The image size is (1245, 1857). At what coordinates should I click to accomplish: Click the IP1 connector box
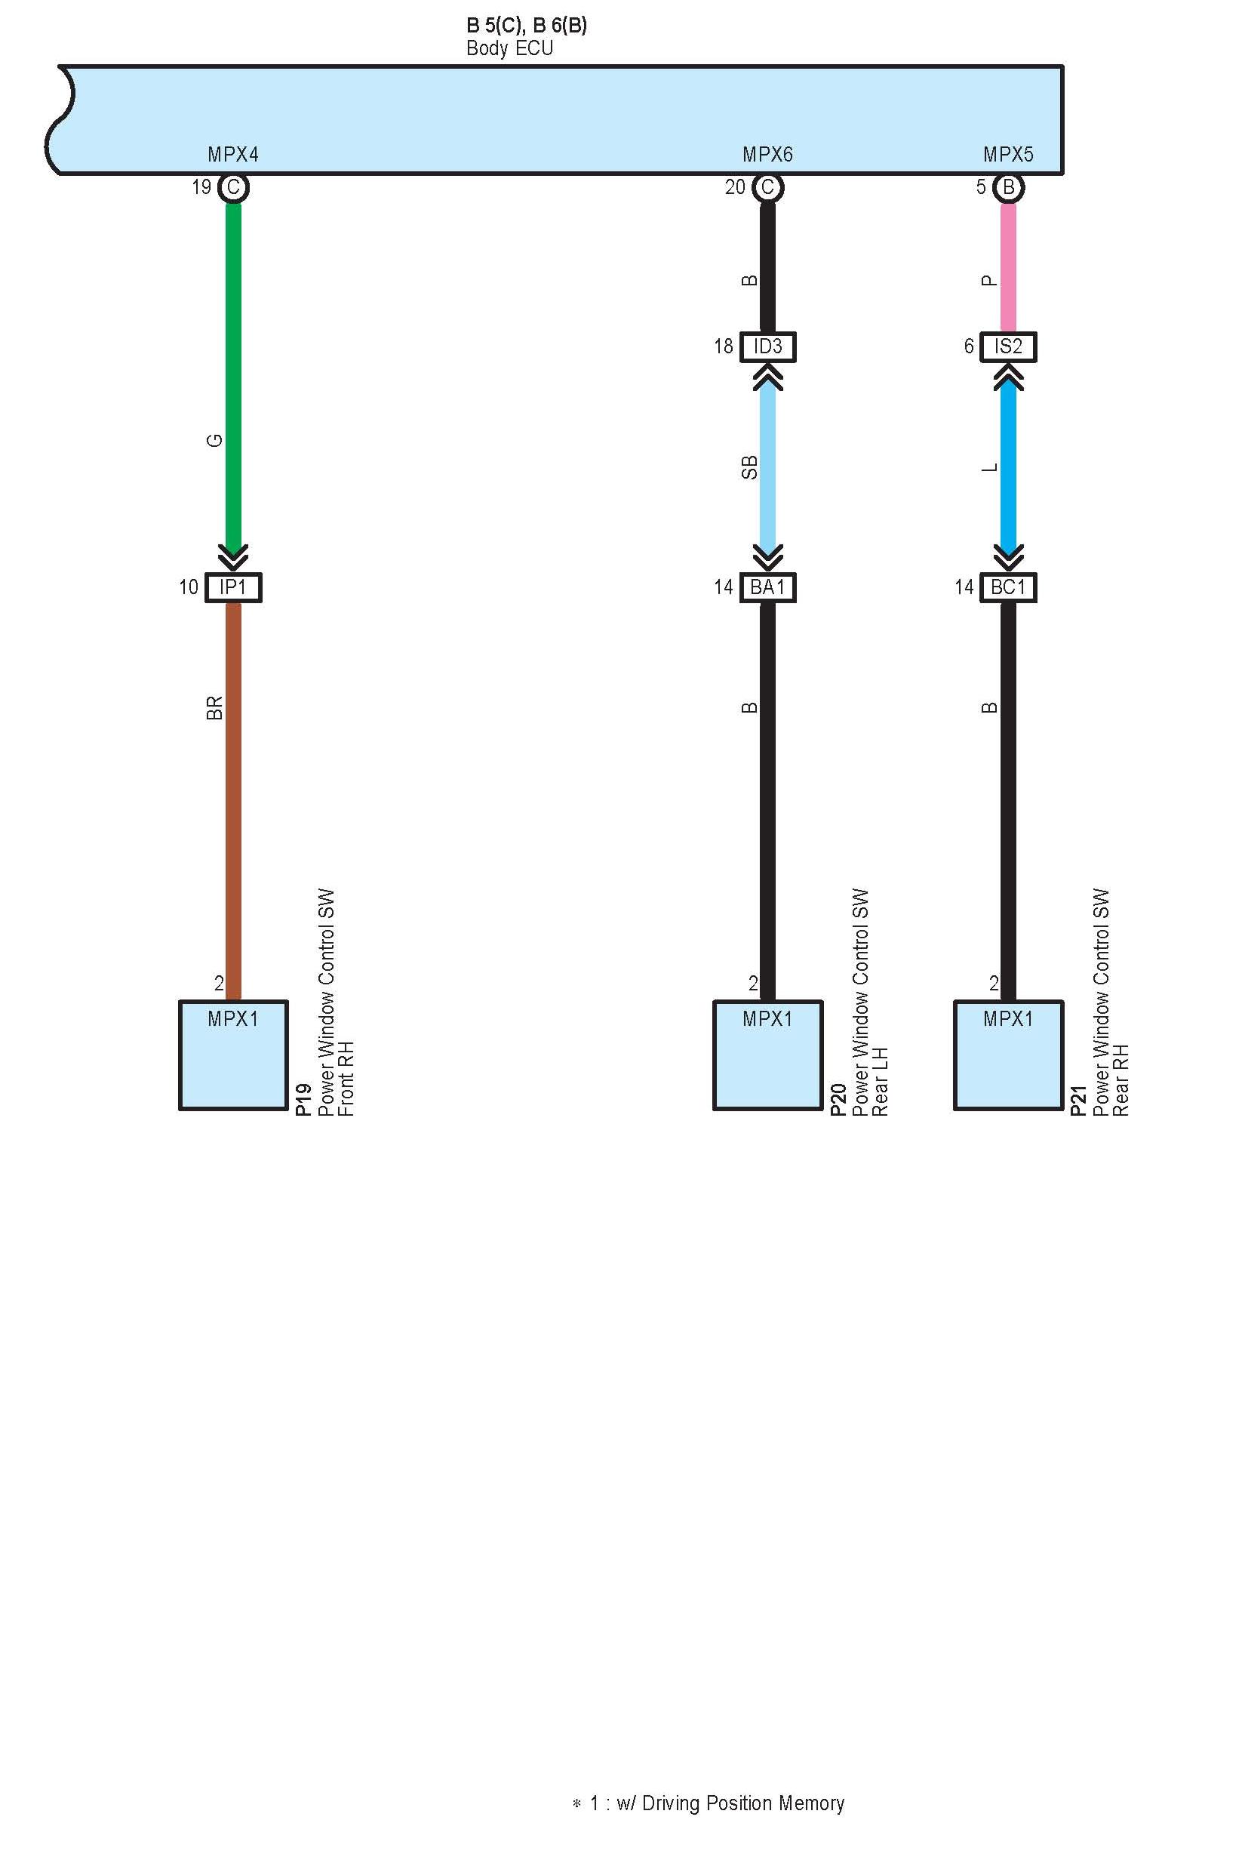tap(233, 587)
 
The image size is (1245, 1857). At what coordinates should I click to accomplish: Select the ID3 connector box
tap(768, 346)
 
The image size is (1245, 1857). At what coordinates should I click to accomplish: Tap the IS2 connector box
tap(1007, 346)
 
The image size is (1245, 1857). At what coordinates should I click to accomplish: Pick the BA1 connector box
tap(768, 587)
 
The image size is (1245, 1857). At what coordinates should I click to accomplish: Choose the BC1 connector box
tap(1007, 587)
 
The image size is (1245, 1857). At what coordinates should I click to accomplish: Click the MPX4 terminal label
tap(233, 154)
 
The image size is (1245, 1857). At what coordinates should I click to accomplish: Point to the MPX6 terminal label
tap(768, 154)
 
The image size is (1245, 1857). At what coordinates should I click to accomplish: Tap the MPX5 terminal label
tap(1007, 154)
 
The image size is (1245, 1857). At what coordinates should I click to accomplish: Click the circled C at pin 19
tap(233, 187)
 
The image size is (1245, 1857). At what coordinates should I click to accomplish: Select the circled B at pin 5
tap(1008, 187)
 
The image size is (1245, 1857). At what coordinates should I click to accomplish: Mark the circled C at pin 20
tap(768, 187)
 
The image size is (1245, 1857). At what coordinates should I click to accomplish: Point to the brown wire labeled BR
tap(233, 794)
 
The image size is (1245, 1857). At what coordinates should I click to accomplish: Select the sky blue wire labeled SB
tap(768, 469)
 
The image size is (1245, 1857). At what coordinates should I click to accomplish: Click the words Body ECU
tap(509, 48)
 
